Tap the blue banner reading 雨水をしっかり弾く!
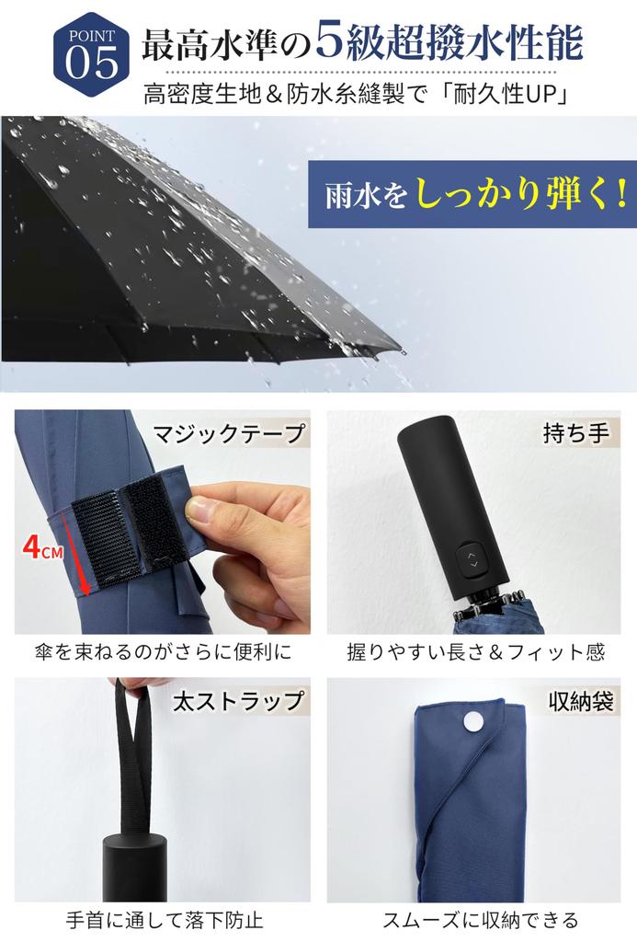pyautogui.click(x=472, y=195)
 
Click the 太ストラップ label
pyautogui.click(x=238, y=701)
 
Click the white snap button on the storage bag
pyautogui.click(x=475, y=721)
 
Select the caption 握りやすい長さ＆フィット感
pyautogui.click(x=475, y=652)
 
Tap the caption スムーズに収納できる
pyautogui.click(x=475, y=920)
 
